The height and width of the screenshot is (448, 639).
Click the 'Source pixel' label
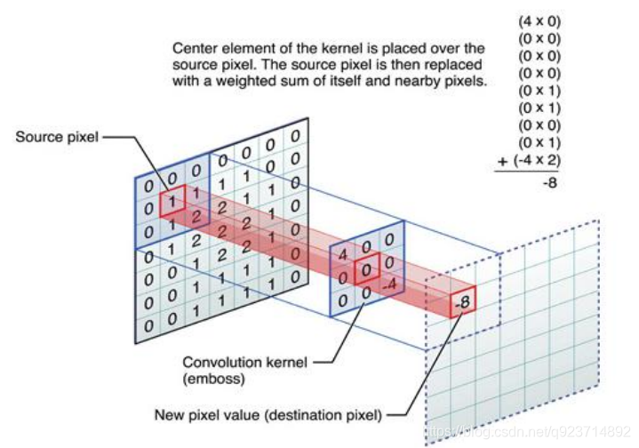click(55, 137)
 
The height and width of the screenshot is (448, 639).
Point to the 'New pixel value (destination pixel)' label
click(268, 413)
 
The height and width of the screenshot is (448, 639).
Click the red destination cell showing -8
click(462, 303)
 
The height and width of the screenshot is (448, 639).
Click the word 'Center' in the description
click(193, 48)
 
